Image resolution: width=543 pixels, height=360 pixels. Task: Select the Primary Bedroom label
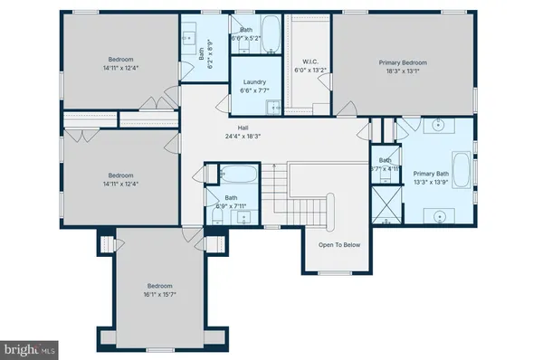[402, 62]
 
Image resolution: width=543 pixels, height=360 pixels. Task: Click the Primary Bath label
[430, 174]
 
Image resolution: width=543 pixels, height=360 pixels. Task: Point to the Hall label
[243, 128]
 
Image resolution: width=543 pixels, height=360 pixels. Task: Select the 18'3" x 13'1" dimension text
[402, 71]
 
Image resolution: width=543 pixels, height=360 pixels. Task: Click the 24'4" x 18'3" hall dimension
[243, 137]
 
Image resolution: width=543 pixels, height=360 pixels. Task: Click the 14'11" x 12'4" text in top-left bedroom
[121, 68]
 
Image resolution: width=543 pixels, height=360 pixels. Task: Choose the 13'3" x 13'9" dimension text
[430, 182]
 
